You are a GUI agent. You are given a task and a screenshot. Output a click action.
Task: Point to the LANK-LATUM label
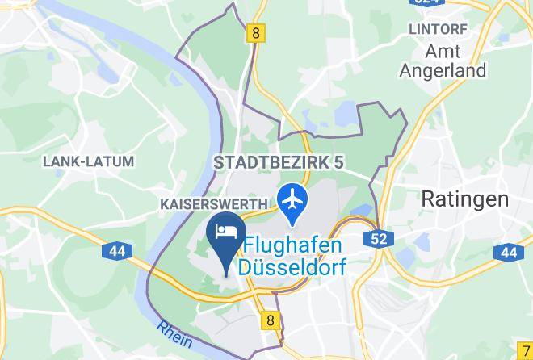point(88,161)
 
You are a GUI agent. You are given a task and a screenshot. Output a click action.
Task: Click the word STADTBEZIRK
point(271,162)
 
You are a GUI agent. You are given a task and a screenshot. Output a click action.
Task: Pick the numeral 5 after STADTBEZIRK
point(339,162)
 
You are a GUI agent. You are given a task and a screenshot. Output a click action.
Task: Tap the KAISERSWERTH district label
point(214,204)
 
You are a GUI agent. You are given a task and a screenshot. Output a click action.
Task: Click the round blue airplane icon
point(292,196)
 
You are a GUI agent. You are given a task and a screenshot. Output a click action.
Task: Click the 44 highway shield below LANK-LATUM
point(116,251)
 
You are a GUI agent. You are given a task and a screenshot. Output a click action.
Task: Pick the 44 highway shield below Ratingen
point(508,253)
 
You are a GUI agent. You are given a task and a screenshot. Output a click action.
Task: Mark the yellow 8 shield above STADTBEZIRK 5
point(256,33)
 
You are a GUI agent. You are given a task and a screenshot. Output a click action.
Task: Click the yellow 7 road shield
point(526,351)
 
